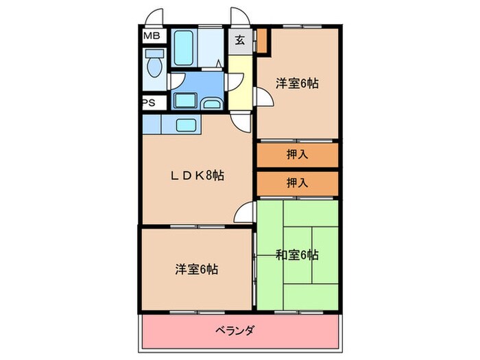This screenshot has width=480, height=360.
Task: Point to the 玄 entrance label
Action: pos(241,39)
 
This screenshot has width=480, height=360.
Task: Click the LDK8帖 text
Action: pos(197,176)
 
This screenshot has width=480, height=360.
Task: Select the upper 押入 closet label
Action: pos(297,154)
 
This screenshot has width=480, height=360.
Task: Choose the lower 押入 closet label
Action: pos(297,182)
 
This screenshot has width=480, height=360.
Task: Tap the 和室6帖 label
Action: pos(297,255)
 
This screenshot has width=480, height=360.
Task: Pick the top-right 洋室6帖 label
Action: pos(298,84)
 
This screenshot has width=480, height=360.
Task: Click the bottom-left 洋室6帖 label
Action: pos(197,269)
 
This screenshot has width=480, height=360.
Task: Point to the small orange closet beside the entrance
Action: pos(263,42)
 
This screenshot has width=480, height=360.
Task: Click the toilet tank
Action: pos(154,54)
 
